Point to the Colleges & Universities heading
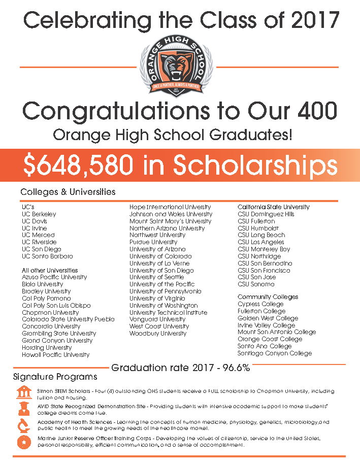pos(68,192)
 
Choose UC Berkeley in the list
pos(39,214)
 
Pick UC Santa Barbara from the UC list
pos(47,256)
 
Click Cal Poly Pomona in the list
pos(46,298)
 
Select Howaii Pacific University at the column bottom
pos(55,355)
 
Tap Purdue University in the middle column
pos(153,242)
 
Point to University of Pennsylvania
pos(165,291)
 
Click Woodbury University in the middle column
pos(158,334)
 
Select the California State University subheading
pos(274,207)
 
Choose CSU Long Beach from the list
pos(261,235)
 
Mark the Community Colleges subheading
pos(268,297)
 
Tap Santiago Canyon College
pos(275,353)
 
